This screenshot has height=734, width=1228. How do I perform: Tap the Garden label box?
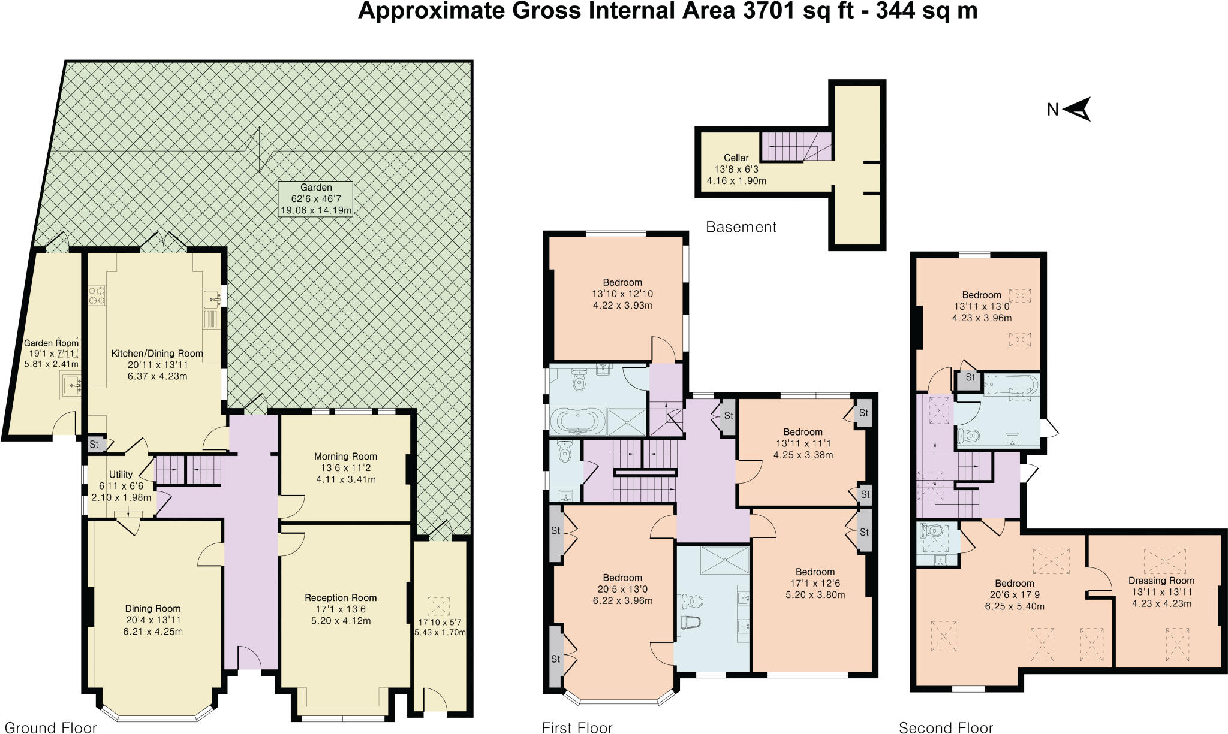[315, 199]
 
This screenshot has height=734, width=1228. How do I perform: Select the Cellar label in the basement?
[736, 158]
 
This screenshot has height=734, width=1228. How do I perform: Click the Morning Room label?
[345, 456]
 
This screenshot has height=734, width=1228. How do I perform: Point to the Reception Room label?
[341, 597]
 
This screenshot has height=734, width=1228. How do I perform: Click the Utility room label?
[121, 475]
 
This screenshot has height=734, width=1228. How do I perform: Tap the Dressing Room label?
[1161, 580]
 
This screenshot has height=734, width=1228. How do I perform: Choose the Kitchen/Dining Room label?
[157, 354]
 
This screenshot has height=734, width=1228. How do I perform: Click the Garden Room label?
[51, 343]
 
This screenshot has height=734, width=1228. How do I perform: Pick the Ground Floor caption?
[50, 727]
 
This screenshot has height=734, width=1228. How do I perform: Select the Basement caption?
[741, 227]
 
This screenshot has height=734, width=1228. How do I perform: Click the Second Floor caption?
[946, 727]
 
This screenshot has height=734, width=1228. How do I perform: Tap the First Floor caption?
[577, 727]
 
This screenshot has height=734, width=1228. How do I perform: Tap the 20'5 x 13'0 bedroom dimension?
[622, 589]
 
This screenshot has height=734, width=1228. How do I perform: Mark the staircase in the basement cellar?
[796, 147]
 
